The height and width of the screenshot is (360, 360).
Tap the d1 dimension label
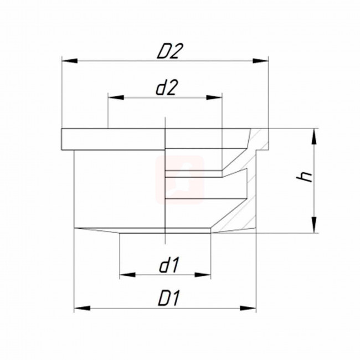[169, 265]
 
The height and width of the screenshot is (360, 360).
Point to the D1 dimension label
[169, 298]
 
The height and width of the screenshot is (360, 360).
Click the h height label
[305, 176]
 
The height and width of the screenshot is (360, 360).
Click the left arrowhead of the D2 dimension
[70, 61]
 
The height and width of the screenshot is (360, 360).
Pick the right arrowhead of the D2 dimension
[260, 61]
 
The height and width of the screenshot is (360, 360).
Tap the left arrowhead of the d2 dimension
[116, 97]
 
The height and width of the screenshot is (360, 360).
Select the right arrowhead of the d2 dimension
[214, 97]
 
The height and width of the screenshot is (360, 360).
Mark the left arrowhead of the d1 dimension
[127, 275]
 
